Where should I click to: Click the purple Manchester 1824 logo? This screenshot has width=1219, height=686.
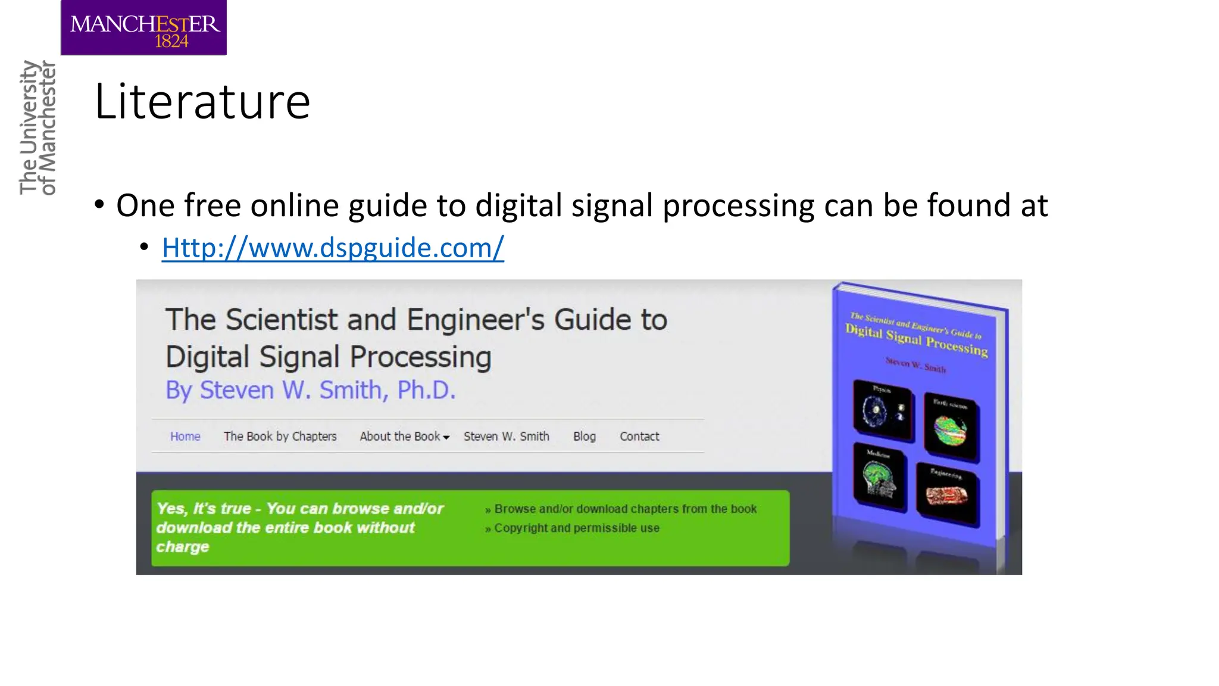coord(143,28)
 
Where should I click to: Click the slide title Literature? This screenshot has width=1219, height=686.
coord(202,102)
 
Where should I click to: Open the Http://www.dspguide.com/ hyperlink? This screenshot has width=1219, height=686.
coord(333,248)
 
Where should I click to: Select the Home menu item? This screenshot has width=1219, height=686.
coord(185,436)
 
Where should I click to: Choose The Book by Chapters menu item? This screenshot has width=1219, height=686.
coord(280,436)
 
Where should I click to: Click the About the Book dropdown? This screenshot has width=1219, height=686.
coord(404,436)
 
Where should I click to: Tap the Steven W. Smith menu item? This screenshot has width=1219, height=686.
coord(507,436)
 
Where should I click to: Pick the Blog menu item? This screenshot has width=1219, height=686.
coord(584,436)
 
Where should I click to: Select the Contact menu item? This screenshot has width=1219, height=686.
coord(639,436)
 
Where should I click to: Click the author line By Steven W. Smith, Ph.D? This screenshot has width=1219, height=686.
coord(310,391)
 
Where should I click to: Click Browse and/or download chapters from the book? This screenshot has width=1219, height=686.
coord(625,509)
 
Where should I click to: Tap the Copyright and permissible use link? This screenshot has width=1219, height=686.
coord(576,528)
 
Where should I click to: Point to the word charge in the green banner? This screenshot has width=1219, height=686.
coord(183,547)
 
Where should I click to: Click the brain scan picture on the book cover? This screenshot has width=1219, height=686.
coord(879,476)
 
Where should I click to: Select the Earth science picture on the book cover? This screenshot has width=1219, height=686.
coord(951,427)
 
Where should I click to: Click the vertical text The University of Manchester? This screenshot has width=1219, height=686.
coord(37,127)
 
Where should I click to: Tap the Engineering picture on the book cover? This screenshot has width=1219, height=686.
coord(947,495)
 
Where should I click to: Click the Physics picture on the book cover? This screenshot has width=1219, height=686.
coord(882,410)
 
